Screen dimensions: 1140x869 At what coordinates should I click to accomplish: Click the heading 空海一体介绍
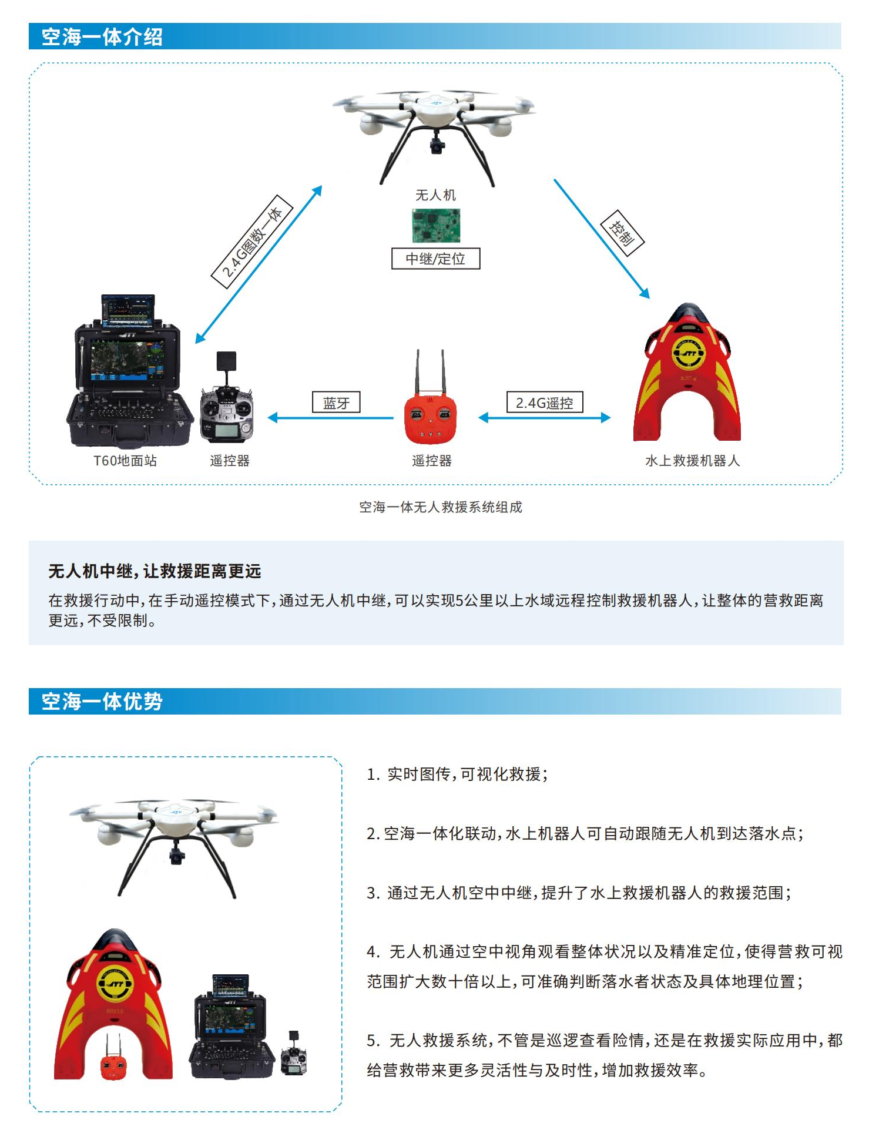coord(102,37)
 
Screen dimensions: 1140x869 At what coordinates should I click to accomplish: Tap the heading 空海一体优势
coord(102,702)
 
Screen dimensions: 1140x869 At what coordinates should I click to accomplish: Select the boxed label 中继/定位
coord(435,259)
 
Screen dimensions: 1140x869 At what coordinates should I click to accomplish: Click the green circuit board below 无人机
coord(436,226)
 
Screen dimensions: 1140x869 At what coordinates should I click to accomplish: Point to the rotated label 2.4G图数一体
coord(252,242)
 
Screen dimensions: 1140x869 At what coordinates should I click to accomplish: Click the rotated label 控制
coord(622,233)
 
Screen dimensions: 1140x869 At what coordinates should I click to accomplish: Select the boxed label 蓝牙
coord(336,403)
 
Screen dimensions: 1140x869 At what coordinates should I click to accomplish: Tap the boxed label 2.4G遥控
coord(544,403)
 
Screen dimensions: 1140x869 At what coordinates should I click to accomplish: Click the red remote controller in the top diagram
coord(431,417)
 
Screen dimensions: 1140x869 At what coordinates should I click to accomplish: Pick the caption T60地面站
coord(125,461)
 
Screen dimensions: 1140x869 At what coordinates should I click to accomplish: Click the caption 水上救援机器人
coord(692,461)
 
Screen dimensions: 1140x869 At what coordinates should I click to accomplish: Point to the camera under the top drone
coord(436,145)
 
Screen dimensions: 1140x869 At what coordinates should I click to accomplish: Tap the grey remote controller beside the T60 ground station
coord(227,411)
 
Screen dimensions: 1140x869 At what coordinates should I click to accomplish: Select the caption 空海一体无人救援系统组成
coord(440,507)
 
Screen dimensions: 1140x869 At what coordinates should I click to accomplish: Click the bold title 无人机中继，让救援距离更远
coord(155,571)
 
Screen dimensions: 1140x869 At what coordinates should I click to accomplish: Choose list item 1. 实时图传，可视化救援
coord(457,774)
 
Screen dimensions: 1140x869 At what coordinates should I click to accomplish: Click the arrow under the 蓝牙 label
coord(331,418)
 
